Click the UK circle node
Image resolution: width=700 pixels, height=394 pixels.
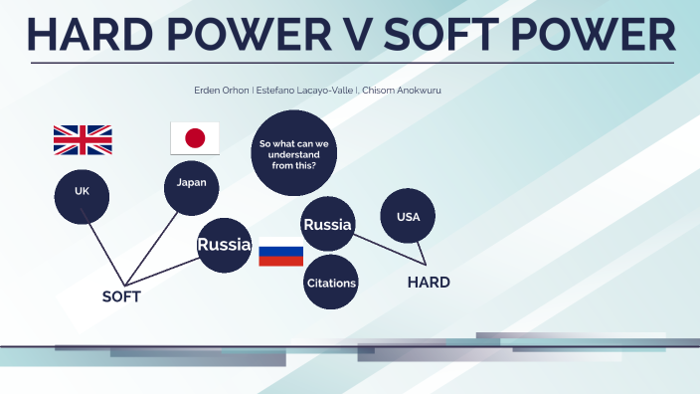[x=82, y=190]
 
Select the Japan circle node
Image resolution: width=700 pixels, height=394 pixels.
[x=192, y=183]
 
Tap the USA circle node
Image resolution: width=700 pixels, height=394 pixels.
[x=409, y=216]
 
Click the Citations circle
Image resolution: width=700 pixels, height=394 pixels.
[x=331, y=284]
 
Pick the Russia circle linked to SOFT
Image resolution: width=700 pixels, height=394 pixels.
[x=223, y=245]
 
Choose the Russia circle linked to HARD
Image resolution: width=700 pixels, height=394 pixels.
[x=328, y=226]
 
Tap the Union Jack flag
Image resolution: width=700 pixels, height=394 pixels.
[x=83, y=140]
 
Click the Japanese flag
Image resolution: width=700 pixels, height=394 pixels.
[x=195, y=138]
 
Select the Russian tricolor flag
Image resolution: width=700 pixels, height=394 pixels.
[x=280, y=252]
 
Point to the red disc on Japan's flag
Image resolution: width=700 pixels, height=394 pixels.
[x=195, y=138]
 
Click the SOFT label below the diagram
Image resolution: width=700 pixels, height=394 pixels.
[x=121, y=296]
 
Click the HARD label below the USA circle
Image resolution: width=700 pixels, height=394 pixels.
[x=429, y=283]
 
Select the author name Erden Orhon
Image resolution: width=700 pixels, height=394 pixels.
[x=222, y=90]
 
